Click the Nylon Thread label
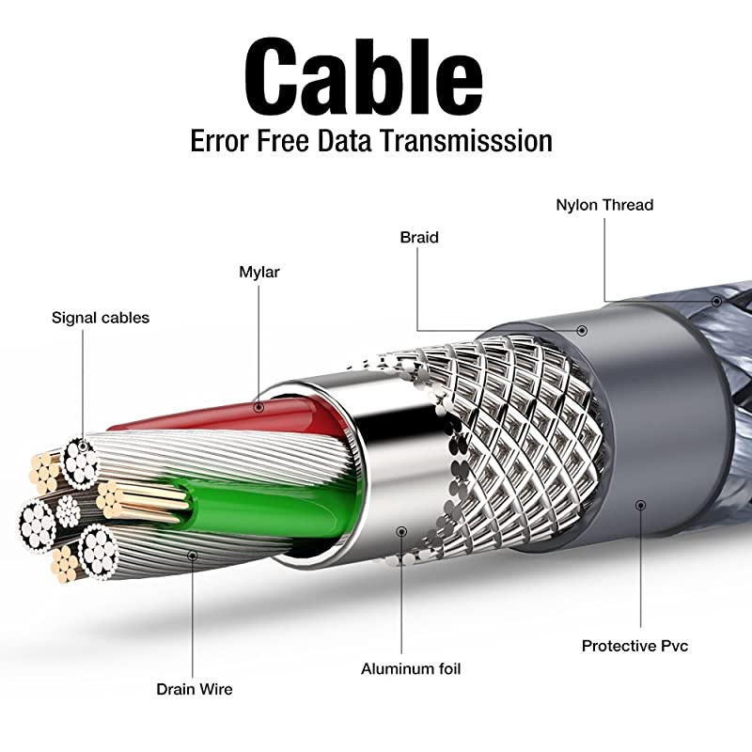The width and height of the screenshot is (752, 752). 603,205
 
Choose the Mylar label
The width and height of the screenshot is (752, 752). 259,273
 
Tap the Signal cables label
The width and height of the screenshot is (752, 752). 101,318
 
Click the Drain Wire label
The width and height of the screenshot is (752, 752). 194,689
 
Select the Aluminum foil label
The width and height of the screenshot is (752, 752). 411,669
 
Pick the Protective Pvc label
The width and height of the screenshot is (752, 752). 634,646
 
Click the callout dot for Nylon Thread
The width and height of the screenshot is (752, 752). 716,302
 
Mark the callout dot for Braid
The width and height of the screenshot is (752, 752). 583,330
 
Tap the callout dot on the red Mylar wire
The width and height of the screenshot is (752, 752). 260,407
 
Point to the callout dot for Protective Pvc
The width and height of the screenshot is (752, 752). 640,505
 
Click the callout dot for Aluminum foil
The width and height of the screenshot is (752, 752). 401,531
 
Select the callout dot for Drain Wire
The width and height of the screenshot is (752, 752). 194,556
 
